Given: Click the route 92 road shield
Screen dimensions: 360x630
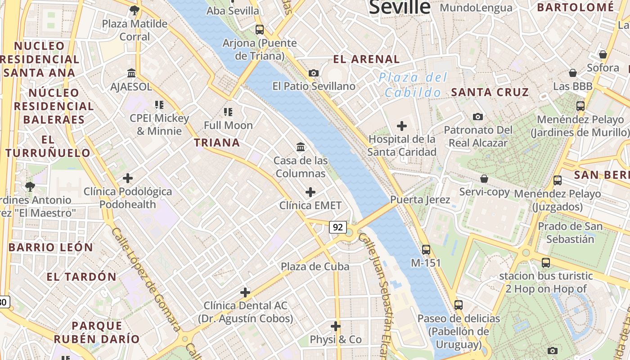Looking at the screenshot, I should coord(337,227).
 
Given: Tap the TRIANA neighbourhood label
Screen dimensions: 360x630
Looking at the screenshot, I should coord(217,143).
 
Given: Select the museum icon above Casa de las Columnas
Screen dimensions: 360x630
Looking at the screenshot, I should coord(300,147).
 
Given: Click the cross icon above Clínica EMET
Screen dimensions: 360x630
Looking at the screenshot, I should coord(310,193).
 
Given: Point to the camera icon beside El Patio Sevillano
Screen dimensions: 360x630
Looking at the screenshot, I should coord(314,73).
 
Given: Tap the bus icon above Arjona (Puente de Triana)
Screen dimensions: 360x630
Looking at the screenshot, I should coord(260,30).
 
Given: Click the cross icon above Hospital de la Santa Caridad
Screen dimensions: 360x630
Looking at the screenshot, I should coord(401,126).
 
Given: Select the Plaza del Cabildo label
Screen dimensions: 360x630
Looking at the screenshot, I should coord(413,85).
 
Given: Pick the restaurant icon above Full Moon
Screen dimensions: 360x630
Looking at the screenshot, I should coord(228,112).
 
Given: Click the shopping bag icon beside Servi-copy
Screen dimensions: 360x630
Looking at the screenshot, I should coord(484,179).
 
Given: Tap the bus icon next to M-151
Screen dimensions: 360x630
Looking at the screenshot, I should coord(426,249).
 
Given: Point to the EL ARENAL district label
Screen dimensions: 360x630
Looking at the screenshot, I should coord(366,59).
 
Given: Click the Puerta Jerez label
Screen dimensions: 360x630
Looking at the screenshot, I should coord(420,199).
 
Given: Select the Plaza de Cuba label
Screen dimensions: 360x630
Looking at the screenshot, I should coord(315,266).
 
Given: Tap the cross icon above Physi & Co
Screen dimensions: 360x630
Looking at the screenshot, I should coord(335,326).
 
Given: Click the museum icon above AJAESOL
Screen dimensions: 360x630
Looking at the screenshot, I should coord(131,73).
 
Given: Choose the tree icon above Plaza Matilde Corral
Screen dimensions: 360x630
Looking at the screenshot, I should coord(134,10).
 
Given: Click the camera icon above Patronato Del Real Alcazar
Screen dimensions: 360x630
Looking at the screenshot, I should coord(478,117).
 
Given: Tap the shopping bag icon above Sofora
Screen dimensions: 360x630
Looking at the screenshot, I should coord(603,54).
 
